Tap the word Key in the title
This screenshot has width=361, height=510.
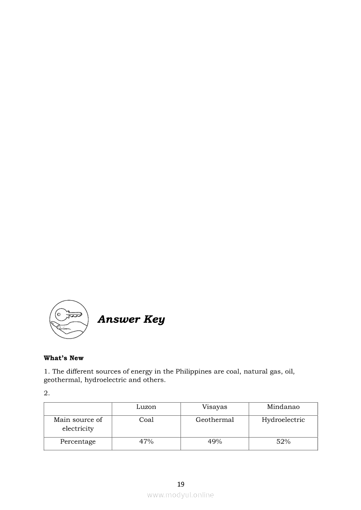click(154, 319)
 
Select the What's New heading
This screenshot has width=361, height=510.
click(63, 358)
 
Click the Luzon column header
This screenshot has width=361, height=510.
click(146, 407)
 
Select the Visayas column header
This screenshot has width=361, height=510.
click(215, 407)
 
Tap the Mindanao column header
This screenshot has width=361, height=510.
click(283, 407)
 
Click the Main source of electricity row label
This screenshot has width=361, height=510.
click(78, 424)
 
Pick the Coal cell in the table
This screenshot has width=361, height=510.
click(146, 420)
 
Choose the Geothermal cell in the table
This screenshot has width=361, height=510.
click(215, 420)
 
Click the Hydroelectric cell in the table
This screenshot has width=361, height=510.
click(283, 420)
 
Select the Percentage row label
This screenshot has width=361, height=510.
click(78, 442)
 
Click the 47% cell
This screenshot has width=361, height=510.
click(146, 442)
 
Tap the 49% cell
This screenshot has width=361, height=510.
click(215, 442)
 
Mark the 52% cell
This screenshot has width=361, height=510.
click(283, 442)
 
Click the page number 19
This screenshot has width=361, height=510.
click(181, 484)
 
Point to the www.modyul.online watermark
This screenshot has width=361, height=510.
click(180, 495)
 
